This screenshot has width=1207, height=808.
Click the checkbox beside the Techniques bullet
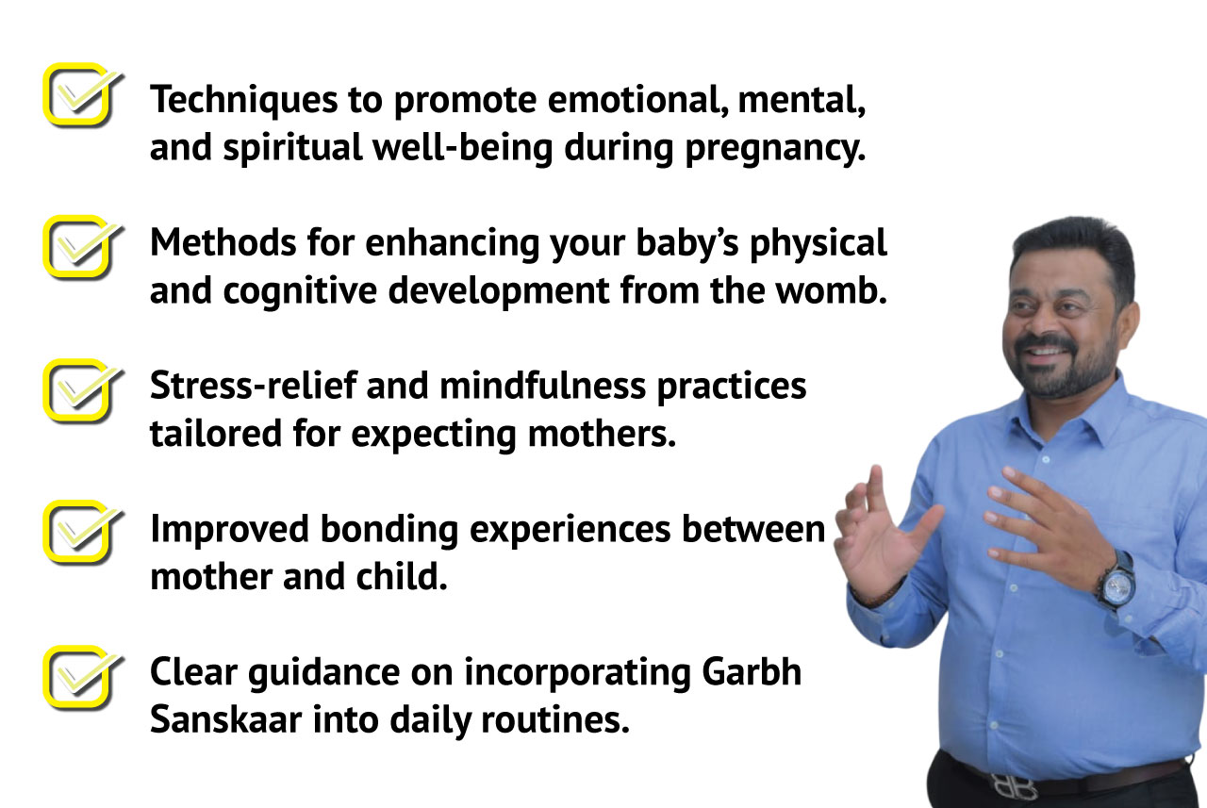coord(78,95)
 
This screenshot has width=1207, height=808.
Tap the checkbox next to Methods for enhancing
coord(78,247)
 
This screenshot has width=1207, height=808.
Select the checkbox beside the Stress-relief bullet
coord(78,390)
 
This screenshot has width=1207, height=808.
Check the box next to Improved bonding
coord(78,533)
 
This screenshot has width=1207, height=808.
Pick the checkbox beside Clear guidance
coord(78,677)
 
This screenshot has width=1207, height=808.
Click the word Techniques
coord(243,101)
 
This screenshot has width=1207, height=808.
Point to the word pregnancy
coord(775,149)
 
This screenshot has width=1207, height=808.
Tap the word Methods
coord(223,242)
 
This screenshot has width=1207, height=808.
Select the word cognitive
coord(300,292)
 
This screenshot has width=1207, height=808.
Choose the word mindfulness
coord(542,387)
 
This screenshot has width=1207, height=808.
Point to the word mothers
coord(602,434)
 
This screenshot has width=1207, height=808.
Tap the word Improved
coord(229,530)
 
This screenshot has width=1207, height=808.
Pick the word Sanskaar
coord(225,719)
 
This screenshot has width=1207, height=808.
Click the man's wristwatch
coord(1116,584)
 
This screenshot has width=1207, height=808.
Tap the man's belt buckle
coord(1013,787)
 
